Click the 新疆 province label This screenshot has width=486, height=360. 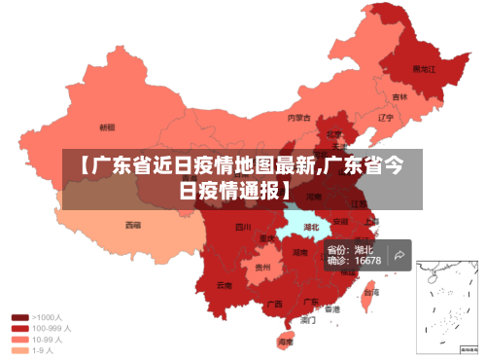[107, 127]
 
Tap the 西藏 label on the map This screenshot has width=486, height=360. [132, 225]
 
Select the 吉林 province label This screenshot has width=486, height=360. [399, 97]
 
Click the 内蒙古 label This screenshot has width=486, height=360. [298, 118]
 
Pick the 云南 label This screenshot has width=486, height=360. [225, 285]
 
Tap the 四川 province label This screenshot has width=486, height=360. [243, 228]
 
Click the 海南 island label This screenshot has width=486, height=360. [286, 342]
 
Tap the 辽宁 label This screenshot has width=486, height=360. [385, 118]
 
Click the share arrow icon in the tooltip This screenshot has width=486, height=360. [398, 256]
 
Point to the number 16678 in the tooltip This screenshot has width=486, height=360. [367, 261]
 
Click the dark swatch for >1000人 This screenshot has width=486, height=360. [19, 317]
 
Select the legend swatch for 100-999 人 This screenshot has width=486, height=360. [19, 329]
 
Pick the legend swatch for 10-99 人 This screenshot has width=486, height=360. [19, 340]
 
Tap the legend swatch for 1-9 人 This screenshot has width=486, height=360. [19, 351]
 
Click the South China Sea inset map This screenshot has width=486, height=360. [446, 306]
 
